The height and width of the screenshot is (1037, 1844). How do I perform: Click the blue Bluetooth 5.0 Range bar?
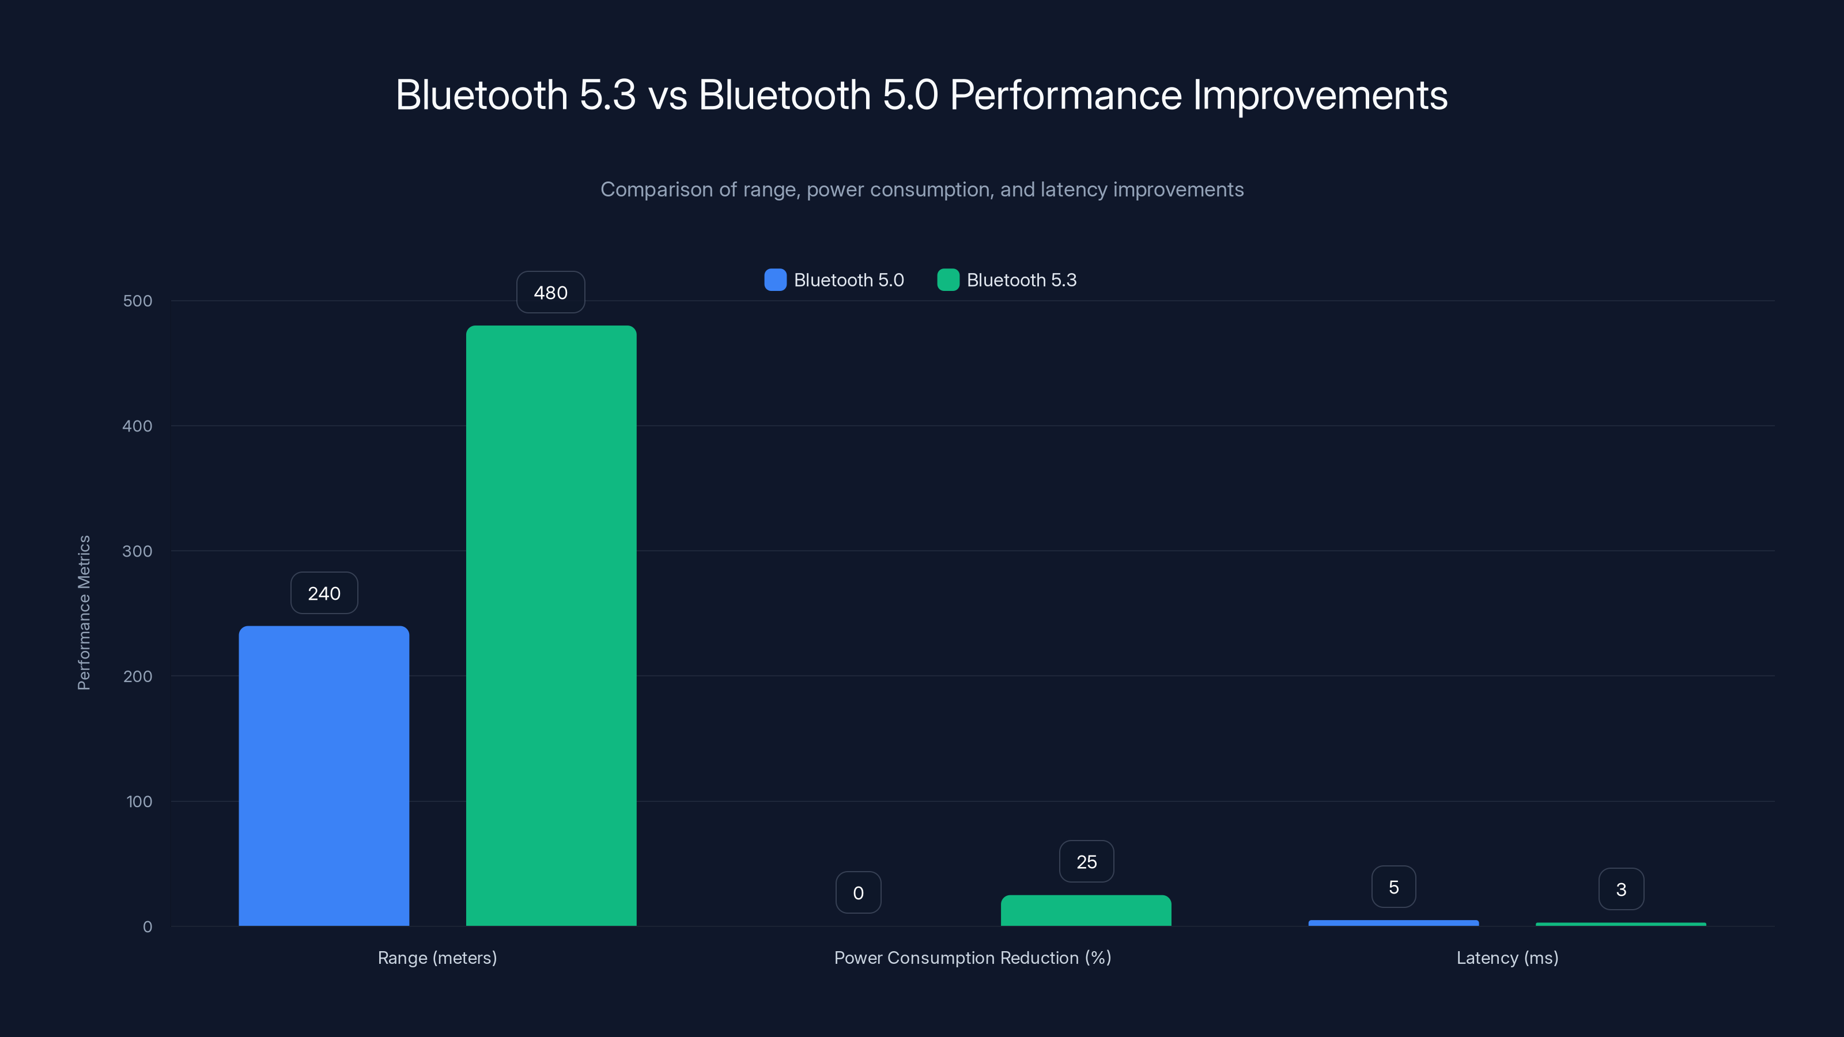[x=323, y=776]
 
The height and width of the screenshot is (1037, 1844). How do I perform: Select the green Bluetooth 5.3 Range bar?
[x=551, y=626]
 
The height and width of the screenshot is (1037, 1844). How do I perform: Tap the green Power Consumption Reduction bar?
[x=1086, y=910]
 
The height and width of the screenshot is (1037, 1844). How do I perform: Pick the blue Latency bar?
[x=1393, y=923]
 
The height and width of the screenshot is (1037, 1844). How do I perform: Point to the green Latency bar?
[x=1620, y=924]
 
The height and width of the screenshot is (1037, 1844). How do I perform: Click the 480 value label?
[x=550, y=293]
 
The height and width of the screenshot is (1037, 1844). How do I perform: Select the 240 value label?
[x=323, y=593]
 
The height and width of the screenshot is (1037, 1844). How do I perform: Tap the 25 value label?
[x=1086, y=862]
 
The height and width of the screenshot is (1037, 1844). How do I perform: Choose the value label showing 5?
[x=1393, y=887]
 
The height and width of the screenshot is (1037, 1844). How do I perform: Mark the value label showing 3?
[x=1620, y=890]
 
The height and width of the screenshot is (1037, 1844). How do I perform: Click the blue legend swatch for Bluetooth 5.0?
[x=775, y=280]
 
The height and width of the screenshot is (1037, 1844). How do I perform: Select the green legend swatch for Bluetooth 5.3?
[x=948, y=280]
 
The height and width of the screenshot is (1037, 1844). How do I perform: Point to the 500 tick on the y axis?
[x=138, y=301]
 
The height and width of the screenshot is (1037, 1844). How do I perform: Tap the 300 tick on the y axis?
[x=138, y=551]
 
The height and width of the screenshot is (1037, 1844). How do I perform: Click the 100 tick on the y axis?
[x=139, y=801]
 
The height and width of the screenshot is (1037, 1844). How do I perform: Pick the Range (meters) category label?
[x=437, y=957]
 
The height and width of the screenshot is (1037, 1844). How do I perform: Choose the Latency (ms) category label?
[x=1507, y=957]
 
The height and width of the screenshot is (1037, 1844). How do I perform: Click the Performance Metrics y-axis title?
[x=84, y=612]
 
